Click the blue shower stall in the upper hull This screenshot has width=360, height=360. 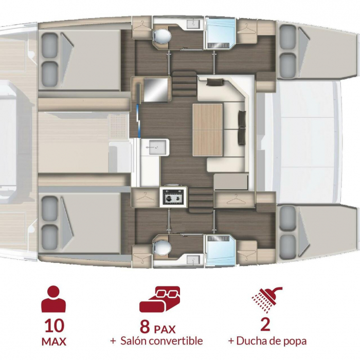point(221,34)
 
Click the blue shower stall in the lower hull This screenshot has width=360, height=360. point(221,250)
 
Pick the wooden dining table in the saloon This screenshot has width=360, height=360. point(208,130)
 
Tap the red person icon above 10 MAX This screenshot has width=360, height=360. point(53,299)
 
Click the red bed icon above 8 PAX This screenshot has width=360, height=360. point(160,299)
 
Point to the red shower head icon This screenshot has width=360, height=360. point(267,299)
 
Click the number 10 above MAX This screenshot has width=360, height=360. point(55,326)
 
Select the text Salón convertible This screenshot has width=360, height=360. point(161,341)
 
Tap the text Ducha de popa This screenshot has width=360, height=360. point(272,341)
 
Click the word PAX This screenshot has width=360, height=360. point(165,330)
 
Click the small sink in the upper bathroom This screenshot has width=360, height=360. point(193,24)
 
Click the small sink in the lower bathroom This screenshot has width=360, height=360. point(193,261)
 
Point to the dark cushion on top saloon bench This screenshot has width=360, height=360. point(215,82)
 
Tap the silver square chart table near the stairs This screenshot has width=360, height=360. point(156,89)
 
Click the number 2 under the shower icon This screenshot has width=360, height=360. point(266,326)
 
